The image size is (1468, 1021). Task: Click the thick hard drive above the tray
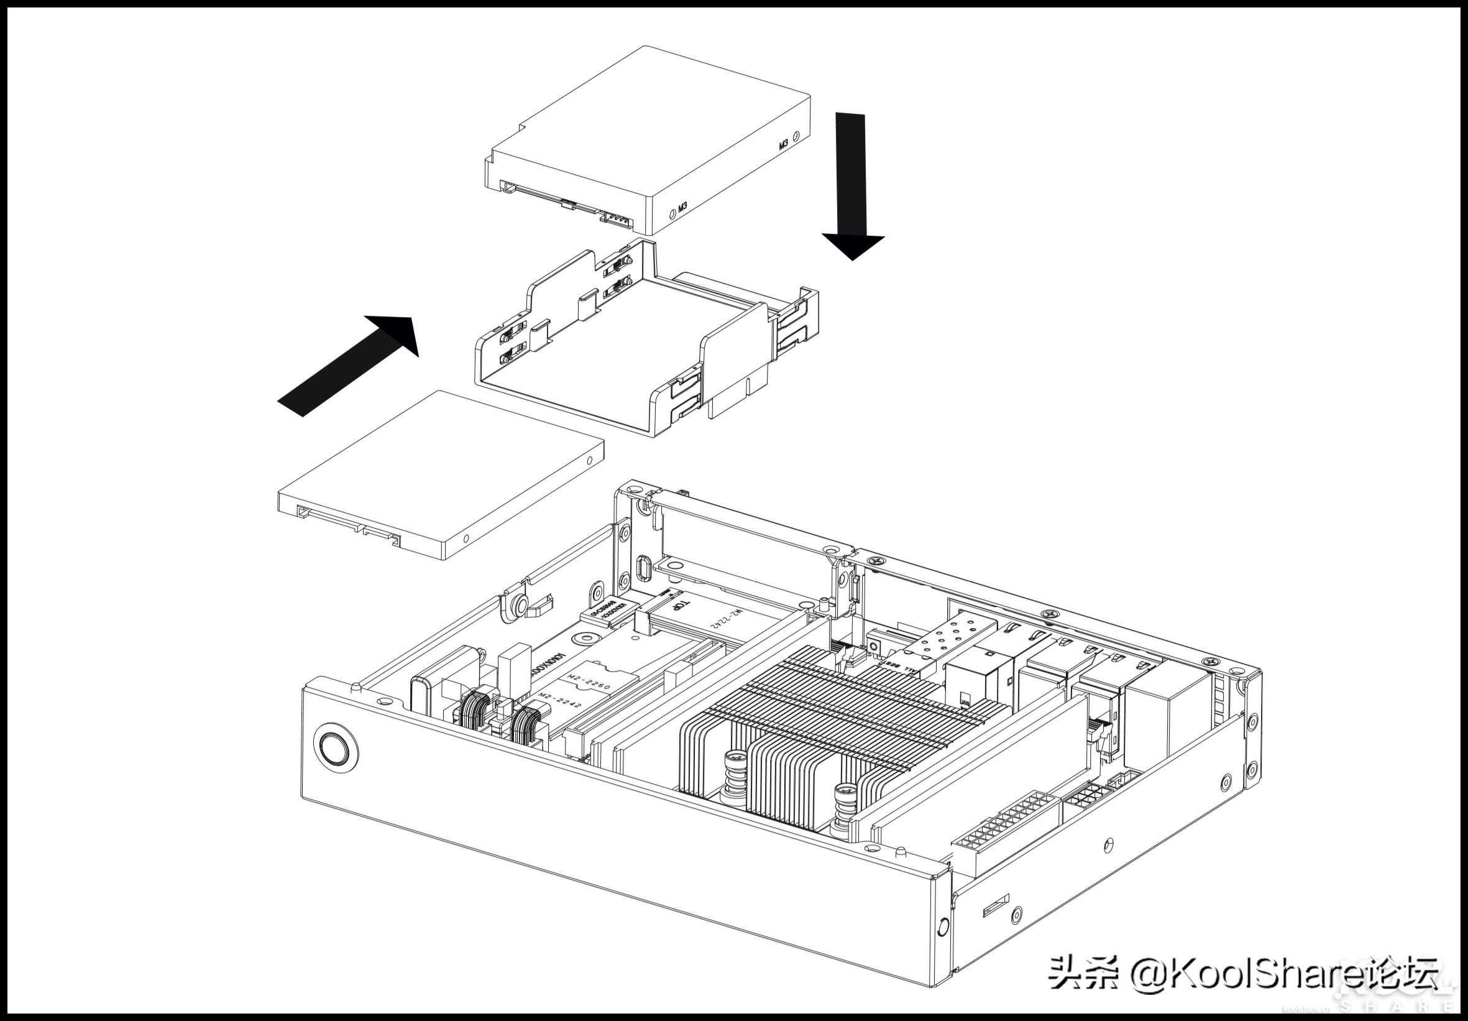tap(646, 141)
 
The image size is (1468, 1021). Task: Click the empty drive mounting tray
tap(646, 339)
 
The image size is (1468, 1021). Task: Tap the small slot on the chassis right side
tap(995, 906)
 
